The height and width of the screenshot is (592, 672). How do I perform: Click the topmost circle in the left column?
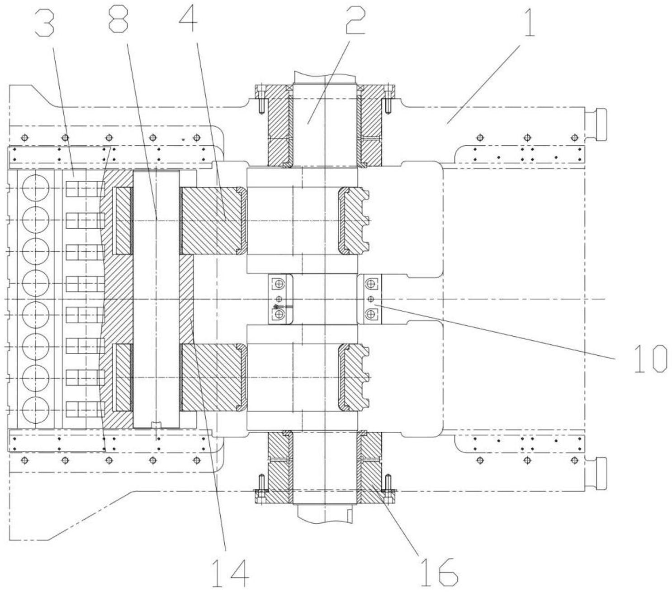pyautogui.click(x=36, y=187)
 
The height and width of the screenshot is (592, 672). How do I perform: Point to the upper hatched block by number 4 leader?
pyautogui.click(x=212, y=221)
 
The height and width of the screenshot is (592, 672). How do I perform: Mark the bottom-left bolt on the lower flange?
pyautogui.click(x=261, y=490)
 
